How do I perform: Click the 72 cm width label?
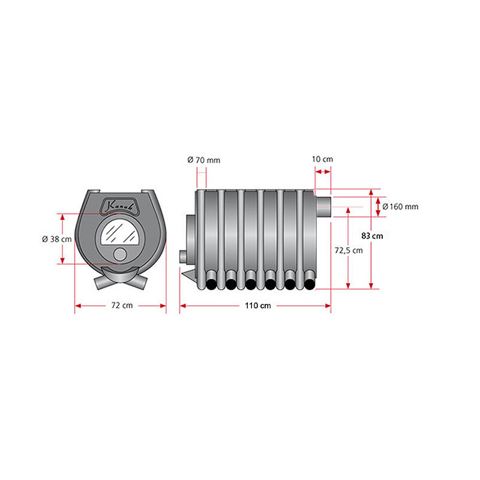tap(122, 305)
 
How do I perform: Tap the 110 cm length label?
tap(258, 305)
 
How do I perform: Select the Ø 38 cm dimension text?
tap(57, 239)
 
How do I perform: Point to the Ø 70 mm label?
tap(203, 160)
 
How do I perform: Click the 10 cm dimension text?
tap(322, 159)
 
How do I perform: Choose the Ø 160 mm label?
tap(400, 206)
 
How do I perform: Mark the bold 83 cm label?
tap(372, 236)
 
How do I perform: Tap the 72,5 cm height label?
tap(349, 250)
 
